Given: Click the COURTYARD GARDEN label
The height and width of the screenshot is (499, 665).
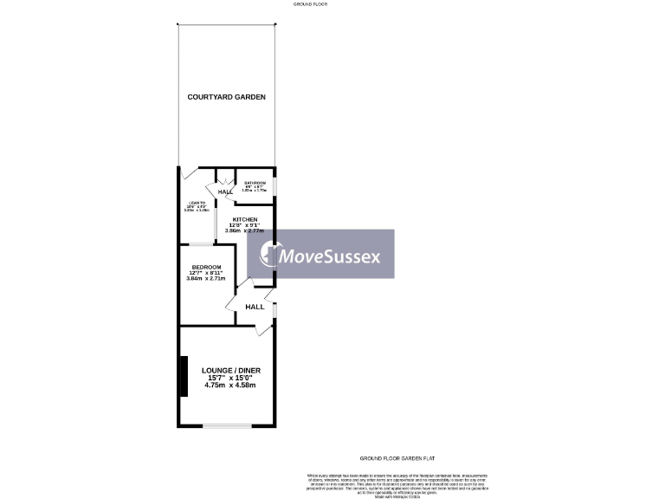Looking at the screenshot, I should (x=226, y=97).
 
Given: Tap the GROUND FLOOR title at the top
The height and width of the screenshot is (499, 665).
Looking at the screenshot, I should (x=309, y=4).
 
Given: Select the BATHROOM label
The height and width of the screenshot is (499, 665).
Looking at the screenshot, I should (x=255, y=184).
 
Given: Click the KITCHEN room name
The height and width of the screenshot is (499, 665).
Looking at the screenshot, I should (x=243, y=220).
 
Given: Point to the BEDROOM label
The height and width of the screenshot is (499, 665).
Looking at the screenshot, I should (x=206, y=267).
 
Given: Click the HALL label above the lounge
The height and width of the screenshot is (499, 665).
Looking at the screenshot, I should (x=255, y=307).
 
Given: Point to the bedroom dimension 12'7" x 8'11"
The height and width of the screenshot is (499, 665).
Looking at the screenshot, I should (x=206, y=273).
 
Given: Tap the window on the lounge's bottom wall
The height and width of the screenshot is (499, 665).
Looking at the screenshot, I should (x=227, y=425).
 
